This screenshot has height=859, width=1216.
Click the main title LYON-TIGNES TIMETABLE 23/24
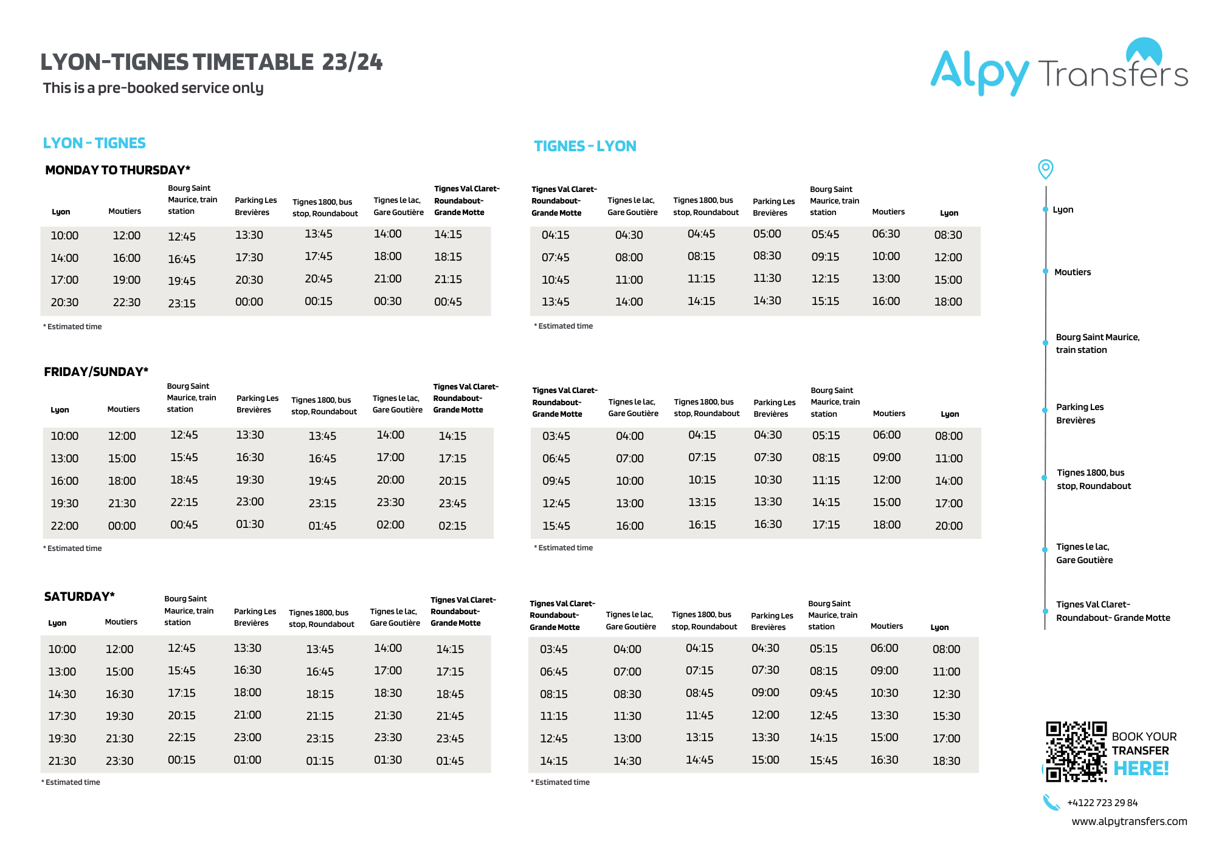click(212, 62)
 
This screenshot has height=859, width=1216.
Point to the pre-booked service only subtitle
click(153, 88)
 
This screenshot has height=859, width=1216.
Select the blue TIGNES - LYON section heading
click(585, 146)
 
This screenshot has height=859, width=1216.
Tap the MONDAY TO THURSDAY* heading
click(117, 170)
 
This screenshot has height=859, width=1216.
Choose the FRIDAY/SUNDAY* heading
click(96, 372)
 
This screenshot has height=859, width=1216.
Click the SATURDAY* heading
click(79, 597)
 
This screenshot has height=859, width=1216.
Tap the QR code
click(1076, 751)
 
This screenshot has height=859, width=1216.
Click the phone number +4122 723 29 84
click(1102, 803)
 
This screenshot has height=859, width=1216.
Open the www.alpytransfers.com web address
click(1128, 821)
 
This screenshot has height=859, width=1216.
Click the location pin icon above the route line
click(1045, 169)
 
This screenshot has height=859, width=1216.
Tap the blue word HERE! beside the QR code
click(1141, 768)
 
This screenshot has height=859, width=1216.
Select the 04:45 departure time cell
click(701, 234)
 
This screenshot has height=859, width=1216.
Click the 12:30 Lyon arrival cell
click(946, 694)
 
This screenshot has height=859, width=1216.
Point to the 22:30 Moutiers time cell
click(126, 303)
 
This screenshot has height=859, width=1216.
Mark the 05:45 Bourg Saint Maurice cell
click(825, 234)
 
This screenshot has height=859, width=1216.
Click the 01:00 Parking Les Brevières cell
click(247, 760)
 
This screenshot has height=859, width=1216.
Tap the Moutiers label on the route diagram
click(1073, 272)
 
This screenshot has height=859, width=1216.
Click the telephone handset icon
click(1051, 803)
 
